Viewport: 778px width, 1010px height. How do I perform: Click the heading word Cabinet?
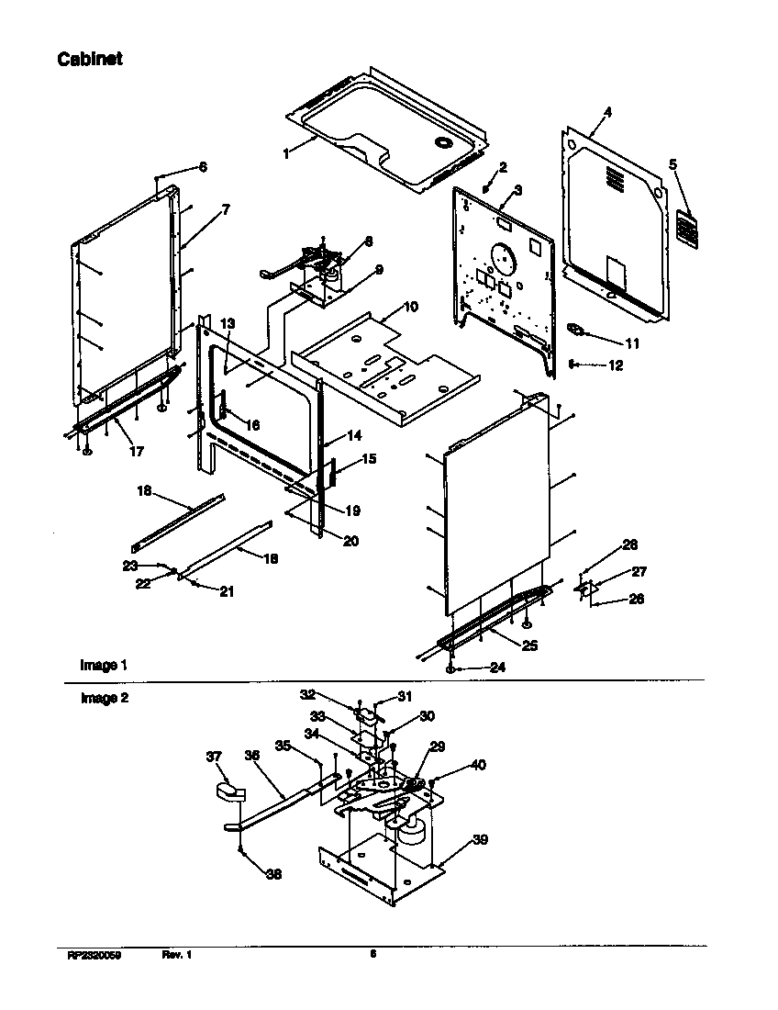[90, 59]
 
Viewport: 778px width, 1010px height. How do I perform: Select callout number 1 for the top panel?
[286, 154]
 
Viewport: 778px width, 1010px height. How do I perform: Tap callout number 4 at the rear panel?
[606, 112]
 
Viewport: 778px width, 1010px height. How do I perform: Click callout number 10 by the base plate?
[409, 304]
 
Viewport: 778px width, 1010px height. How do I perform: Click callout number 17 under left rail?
[136, 451]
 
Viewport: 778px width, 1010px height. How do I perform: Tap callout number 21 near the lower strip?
[226, 591]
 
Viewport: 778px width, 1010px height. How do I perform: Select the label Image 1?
[98, 665]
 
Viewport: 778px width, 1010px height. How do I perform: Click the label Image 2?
[104, 698]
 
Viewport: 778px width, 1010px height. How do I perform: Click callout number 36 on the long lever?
[251, 756]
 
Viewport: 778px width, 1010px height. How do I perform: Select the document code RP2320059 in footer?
[94, 955]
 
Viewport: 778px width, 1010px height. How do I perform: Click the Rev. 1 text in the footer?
[176, 955]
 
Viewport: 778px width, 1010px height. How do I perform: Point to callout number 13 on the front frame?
[228, 323]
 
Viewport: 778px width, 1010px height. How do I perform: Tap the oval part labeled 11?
[575, 328]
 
